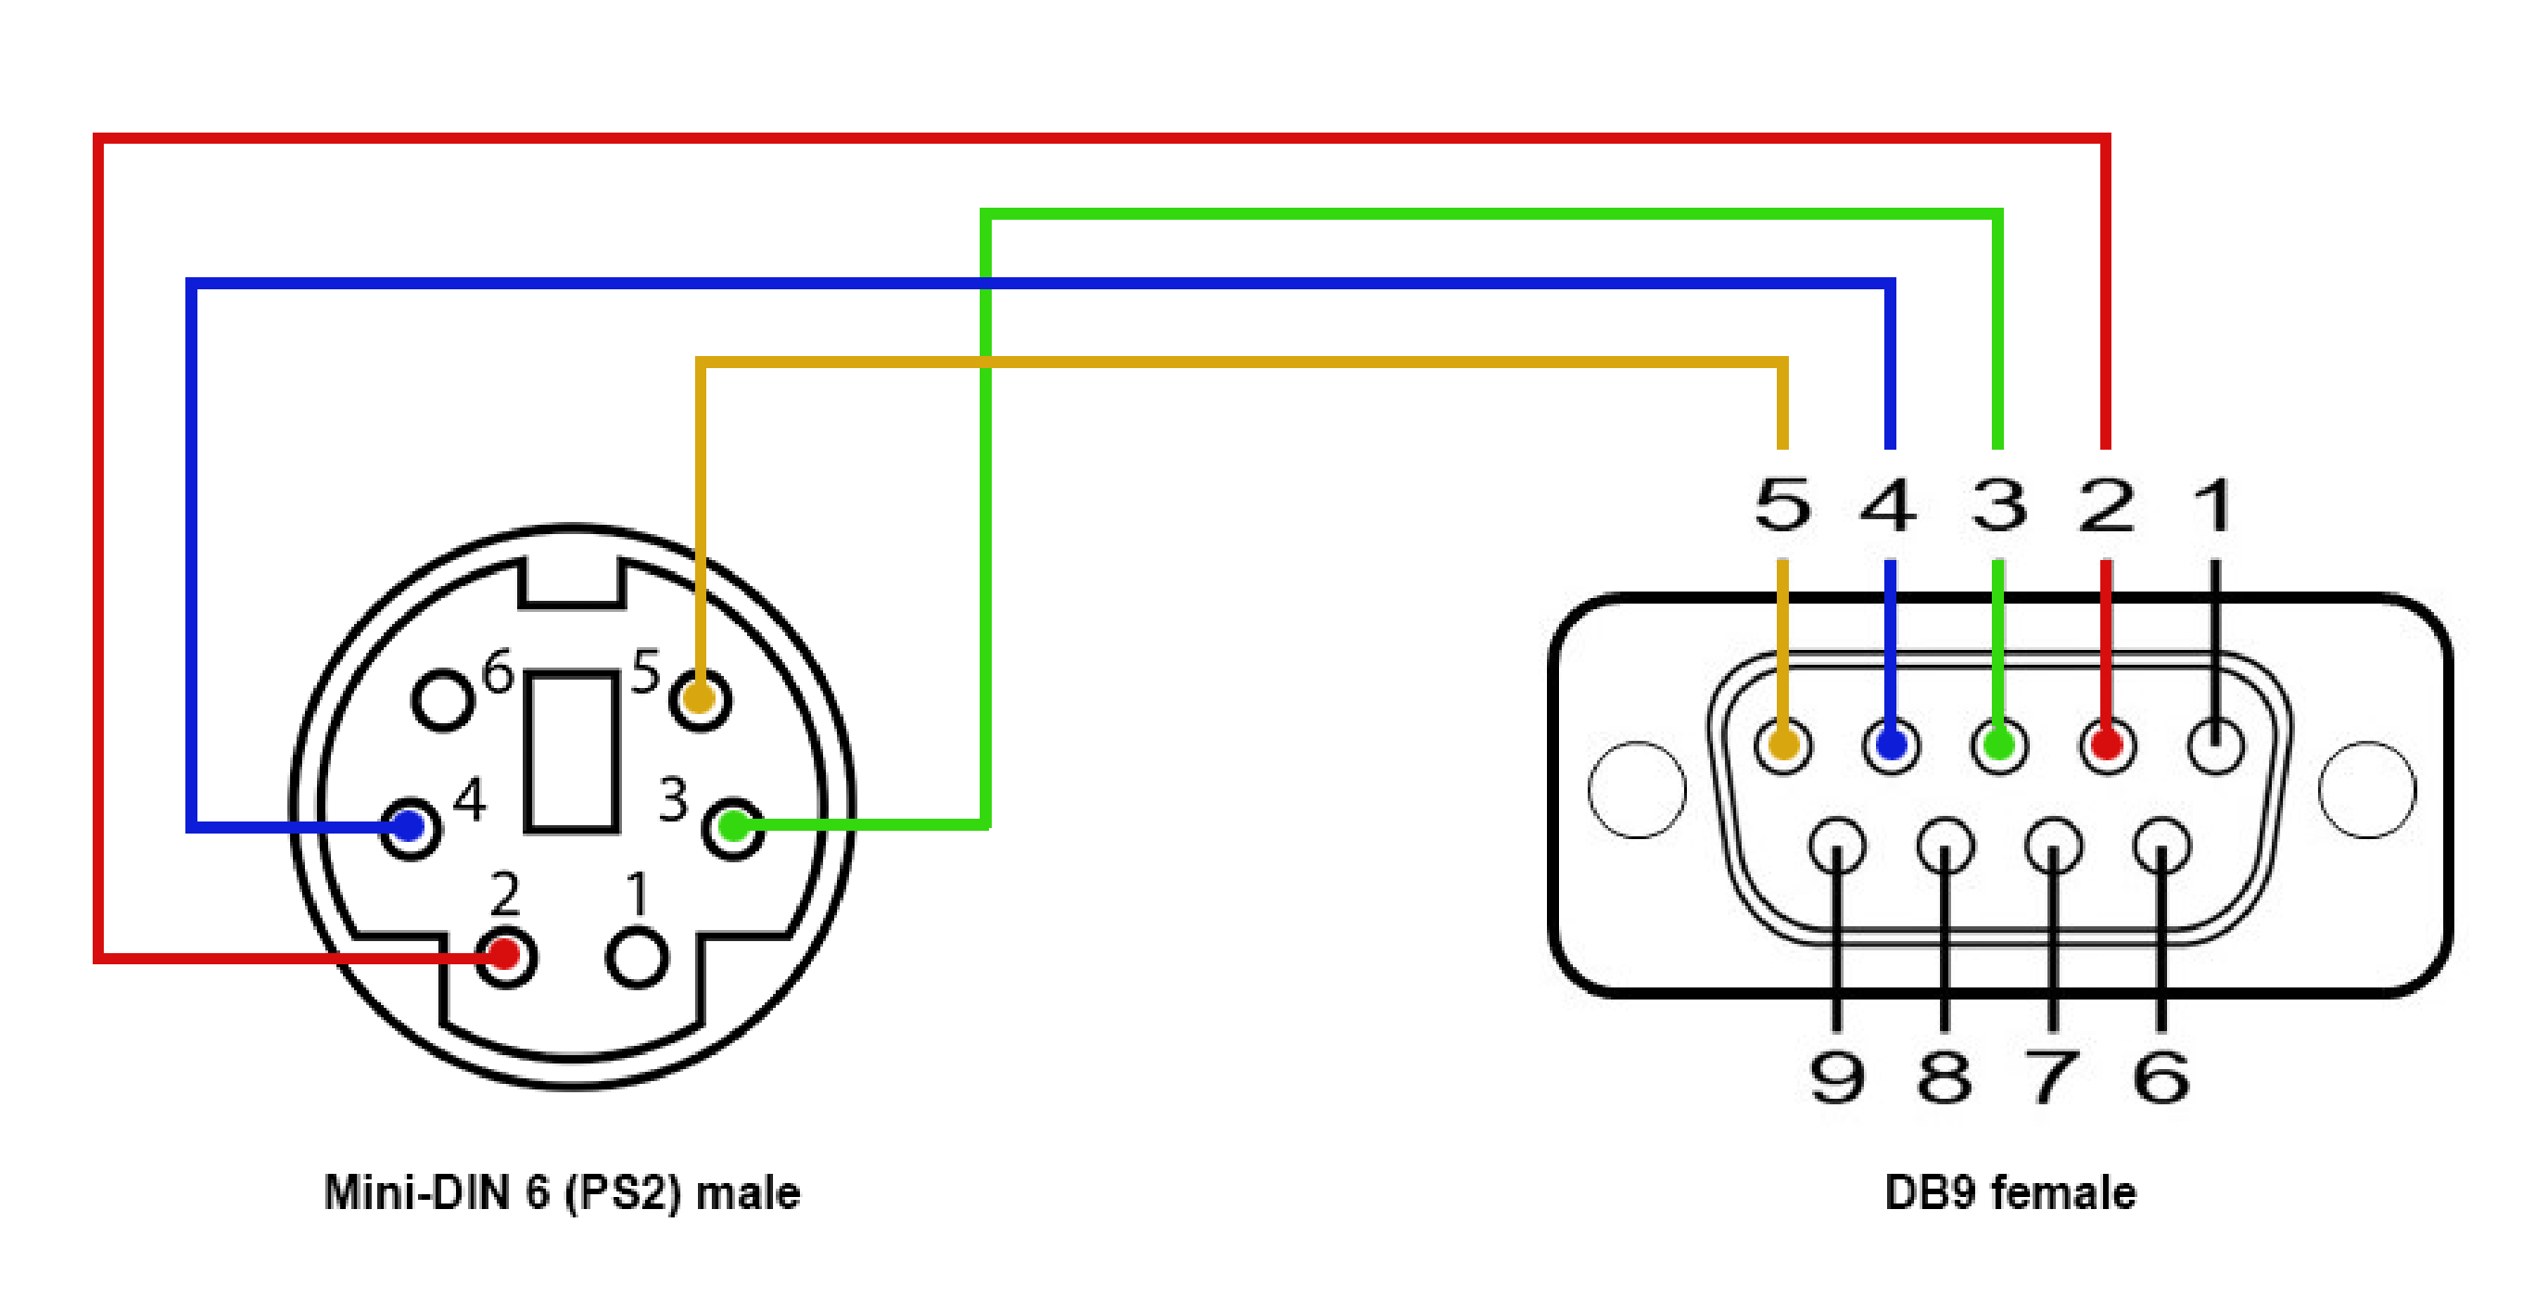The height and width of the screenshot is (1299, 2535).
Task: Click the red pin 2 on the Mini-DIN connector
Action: click(x=505, y=955)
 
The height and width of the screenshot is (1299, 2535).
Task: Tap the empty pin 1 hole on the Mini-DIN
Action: click(x=638, y=958)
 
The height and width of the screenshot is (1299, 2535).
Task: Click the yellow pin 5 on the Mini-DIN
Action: click(x=700, y=699)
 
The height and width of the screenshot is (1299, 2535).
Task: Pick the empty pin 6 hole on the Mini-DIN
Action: click(x=442, y=701)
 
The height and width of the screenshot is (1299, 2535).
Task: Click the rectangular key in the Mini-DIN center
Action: click(x=572, y=753)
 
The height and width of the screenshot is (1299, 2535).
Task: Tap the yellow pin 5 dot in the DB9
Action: click(x=1783, y=744)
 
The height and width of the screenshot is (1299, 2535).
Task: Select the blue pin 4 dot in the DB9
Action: click(x=1892, y=744)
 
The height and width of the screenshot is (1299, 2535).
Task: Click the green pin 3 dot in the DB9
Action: click(x=1998, y=744)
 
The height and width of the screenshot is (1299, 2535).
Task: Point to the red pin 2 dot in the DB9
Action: click(x=2107, y=744)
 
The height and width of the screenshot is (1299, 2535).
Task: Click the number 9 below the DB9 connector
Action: click(x=1836, y=1076)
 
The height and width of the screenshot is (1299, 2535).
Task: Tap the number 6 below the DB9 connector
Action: click(x=2161, y=1076)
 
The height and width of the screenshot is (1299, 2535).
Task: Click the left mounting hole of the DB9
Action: click(x=1637, y=790)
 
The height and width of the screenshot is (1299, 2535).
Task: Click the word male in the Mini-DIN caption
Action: click(x=748, y=1193)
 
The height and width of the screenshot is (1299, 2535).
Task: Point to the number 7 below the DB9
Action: click(x=2053, y=1076)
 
